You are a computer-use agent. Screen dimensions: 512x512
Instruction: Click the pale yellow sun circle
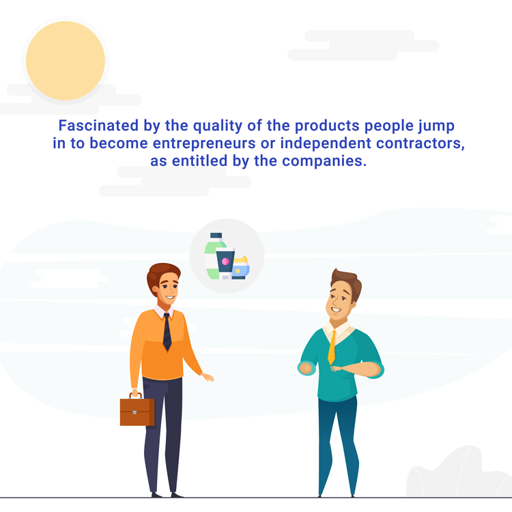(66, 61)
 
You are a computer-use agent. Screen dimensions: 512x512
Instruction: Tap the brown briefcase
(137, 412)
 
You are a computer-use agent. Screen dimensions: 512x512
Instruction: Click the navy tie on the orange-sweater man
(167, 332)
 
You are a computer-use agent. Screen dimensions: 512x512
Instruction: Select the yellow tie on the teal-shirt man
(332, 347)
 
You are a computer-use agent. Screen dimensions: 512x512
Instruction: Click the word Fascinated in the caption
(98, 126)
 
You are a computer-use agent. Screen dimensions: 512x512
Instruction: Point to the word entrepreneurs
(204, 143)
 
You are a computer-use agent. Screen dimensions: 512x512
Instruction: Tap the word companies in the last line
(324, 160)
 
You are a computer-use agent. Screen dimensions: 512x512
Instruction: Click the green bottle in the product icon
(212, 259)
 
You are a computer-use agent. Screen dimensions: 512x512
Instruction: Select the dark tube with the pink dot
(225, 264)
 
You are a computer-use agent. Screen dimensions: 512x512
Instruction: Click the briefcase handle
(136, 396)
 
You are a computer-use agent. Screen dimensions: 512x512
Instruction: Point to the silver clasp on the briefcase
(134, 412)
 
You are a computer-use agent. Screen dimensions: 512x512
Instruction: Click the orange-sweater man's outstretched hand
(208, 378)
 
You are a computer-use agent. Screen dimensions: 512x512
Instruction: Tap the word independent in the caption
(326, 143)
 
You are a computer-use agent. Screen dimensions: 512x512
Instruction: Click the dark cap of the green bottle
(216, 236)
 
